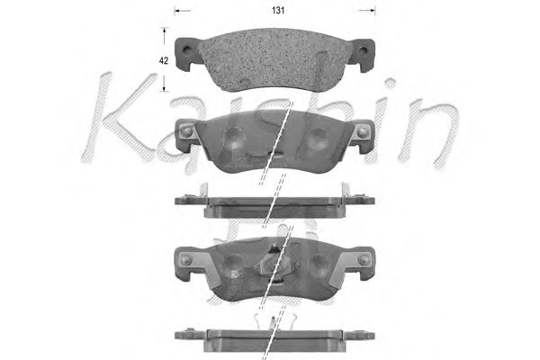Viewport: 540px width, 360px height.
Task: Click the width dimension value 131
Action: point(278,11)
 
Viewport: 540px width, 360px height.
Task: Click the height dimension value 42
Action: point(164,60)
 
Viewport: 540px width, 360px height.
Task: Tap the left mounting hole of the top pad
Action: point(186,50)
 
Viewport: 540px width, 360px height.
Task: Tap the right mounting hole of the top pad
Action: point(363,50)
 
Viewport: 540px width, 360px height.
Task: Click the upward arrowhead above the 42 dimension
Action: point(165,31)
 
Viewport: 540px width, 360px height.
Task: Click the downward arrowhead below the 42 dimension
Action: point(165,88)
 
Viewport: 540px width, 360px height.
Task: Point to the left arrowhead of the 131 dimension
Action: point(177,11)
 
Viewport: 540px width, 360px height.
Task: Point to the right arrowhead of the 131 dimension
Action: point(372,11)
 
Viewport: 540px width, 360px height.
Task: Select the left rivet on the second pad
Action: point(187,131)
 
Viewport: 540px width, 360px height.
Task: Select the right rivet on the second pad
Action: point(362,132)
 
